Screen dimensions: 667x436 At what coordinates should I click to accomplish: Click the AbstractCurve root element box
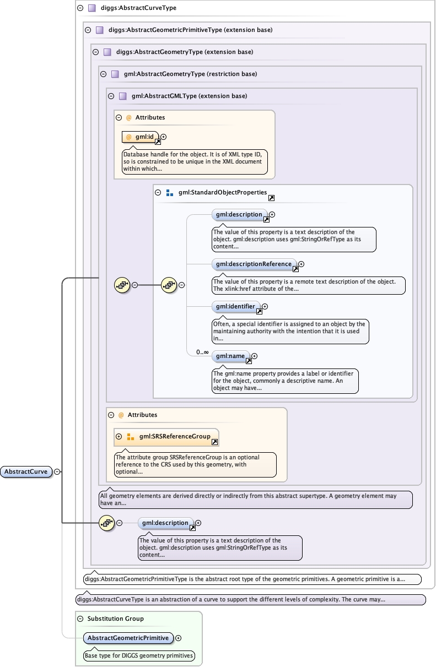[x=26, y=471]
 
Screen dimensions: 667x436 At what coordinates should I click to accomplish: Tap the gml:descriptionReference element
[x=254, y=264]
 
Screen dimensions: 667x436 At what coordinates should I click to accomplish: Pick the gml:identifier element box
[x=235, y=306]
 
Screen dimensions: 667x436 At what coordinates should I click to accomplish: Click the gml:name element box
[x=230, y=356]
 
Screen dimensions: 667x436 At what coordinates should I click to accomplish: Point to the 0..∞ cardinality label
[x=202, y=352]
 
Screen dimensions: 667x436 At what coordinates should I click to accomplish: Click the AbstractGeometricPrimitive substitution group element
[x=128, y=638]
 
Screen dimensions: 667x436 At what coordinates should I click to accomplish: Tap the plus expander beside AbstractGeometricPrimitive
[x=178, y=638]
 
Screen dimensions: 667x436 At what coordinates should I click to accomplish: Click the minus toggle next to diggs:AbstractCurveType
[x=80, y=8]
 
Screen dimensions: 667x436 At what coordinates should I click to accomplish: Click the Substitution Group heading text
[x=115, y=619]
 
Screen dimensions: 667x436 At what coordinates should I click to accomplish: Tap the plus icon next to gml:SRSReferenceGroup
[x=119, y=437]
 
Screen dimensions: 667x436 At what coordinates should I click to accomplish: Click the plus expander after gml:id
[x=163, y=137]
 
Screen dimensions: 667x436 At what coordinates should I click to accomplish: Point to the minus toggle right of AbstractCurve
[x=57, y=471]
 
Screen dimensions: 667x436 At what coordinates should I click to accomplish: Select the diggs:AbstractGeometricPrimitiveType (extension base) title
[x=191, y=30]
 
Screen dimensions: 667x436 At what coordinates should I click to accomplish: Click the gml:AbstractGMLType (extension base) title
[x=190, y=96]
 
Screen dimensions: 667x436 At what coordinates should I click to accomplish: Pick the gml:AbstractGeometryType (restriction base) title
[x=190, y=74]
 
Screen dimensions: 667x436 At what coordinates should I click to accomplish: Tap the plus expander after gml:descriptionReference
[x=301, y=264]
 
